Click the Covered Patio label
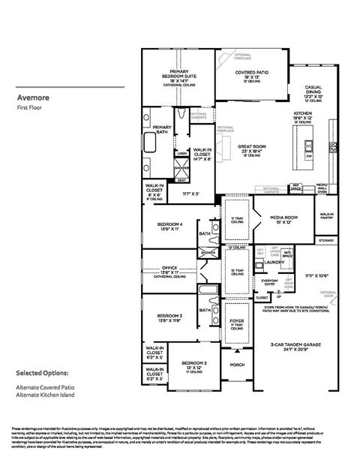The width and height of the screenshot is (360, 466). click(251, 74)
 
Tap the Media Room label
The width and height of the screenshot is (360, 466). click(274, 219)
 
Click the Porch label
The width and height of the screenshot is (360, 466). click(238, 365)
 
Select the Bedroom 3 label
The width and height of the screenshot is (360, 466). click(170, 317)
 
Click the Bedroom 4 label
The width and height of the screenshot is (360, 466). click(170, 224)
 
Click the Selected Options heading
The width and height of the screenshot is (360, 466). click(42, 373)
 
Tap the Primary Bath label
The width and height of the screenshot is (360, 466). click(162, 128)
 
